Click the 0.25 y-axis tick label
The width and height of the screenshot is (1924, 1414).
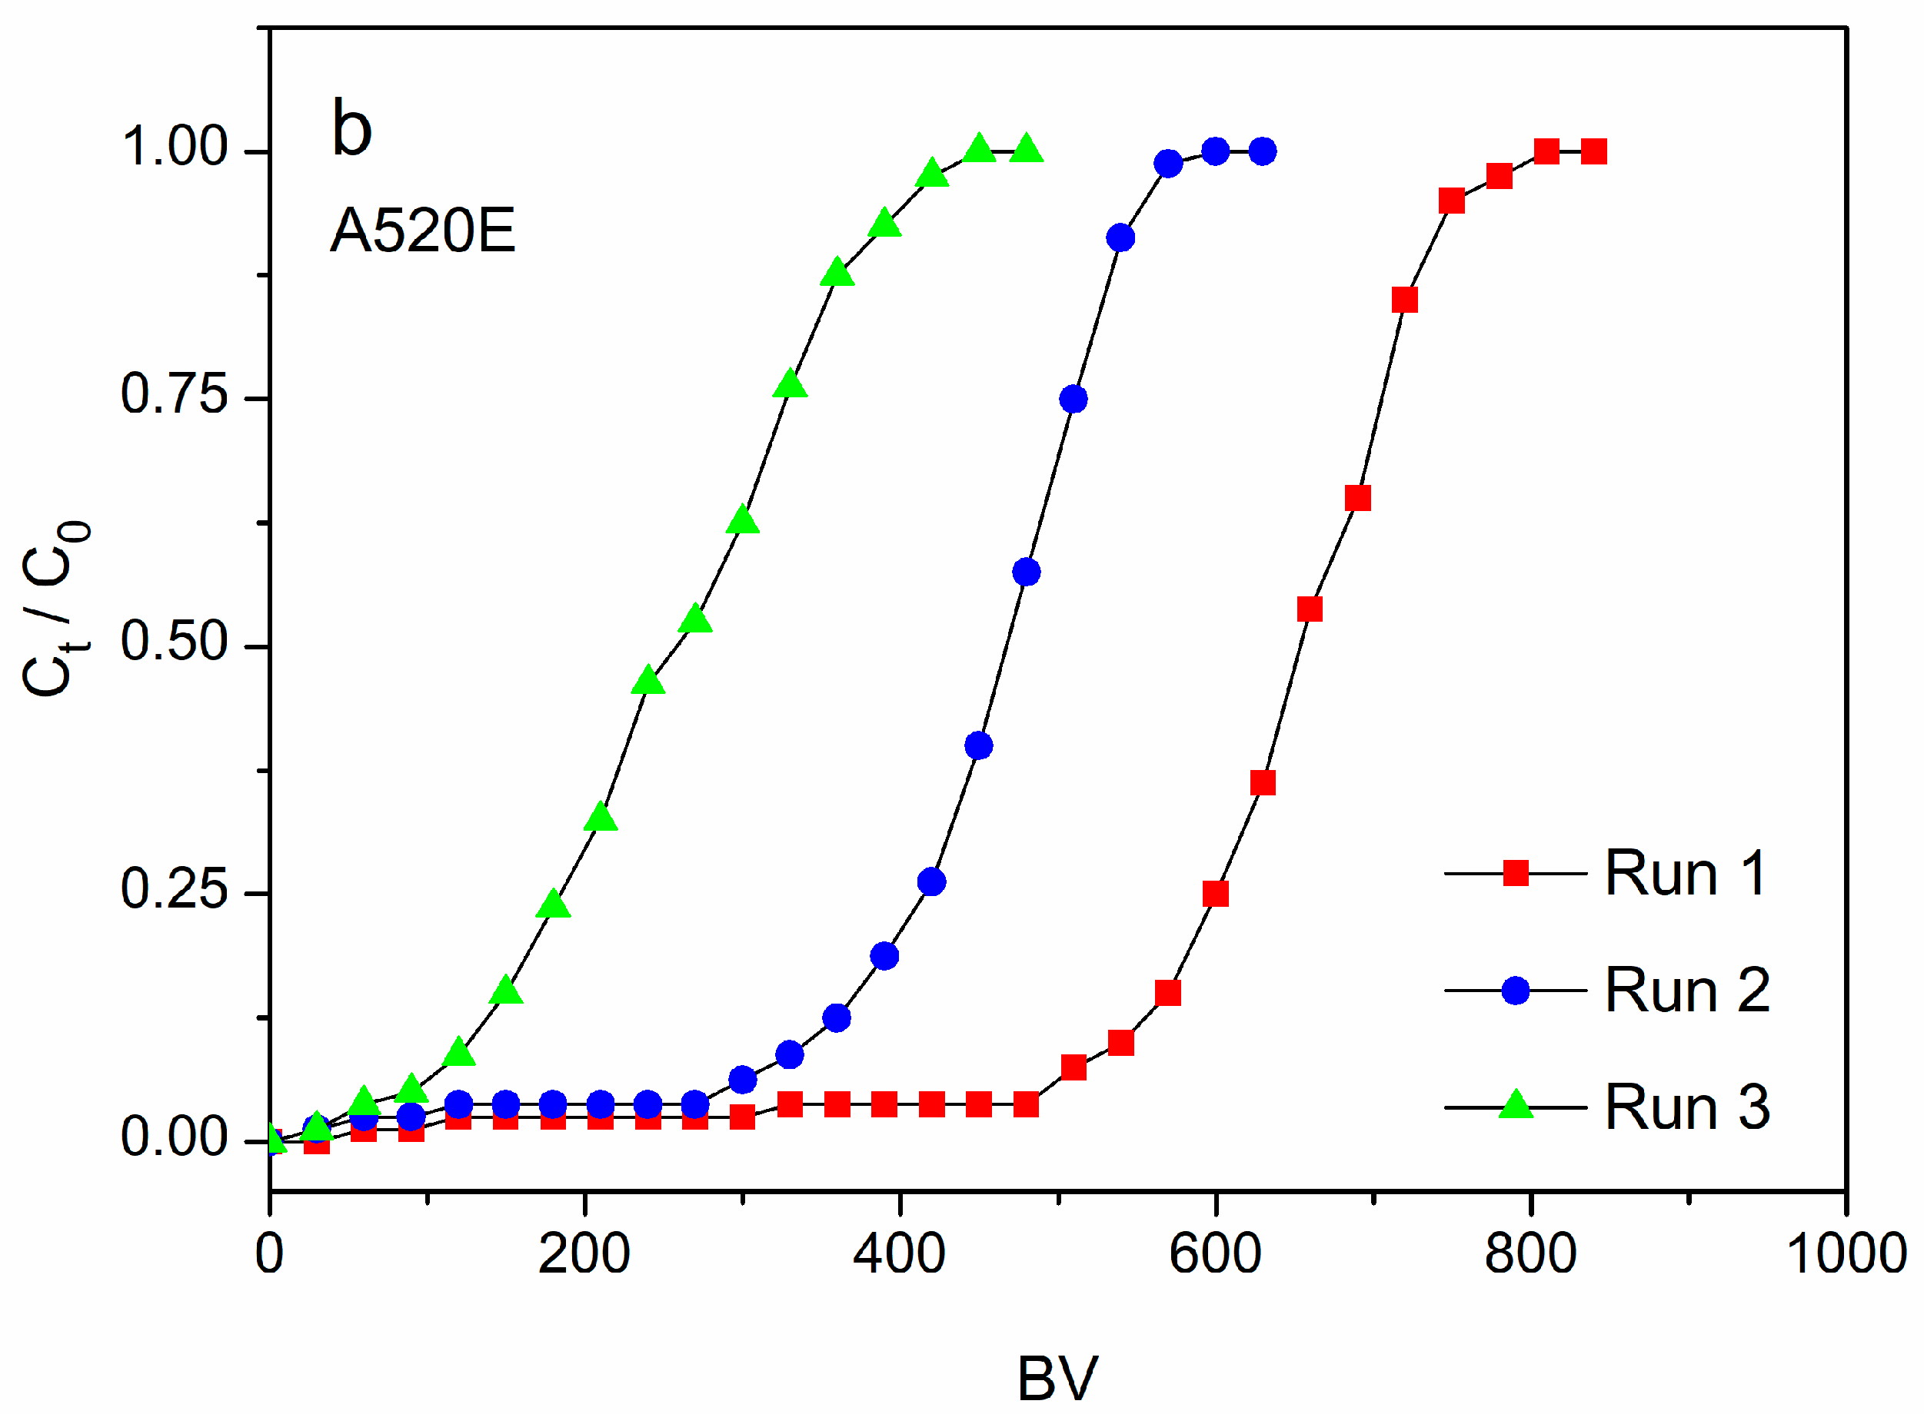[174, 889]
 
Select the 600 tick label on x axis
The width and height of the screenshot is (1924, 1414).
[1215, 1254]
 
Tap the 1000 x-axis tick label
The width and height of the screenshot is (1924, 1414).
[1846, 1254]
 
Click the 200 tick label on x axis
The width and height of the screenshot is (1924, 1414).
[584, 1254]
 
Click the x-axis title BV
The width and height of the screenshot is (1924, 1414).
[1057, 1379]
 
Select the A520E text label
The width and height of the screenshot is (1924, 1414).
[422, 231]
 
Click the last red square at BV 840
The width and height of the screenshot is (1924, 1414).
[1593, 151]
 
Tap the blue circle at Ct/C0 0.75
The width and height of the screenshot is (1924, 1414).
[1073, 399]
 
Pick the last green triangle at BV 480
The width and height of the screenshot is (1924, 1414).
[1026, 150]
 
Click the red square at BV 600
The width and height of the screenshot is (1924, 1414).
[1215, 894]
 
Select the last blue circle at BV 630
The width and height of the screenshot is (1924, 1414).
[1262, 151]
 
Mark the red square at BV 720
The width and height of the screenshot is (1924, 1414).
[1404, 300]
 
